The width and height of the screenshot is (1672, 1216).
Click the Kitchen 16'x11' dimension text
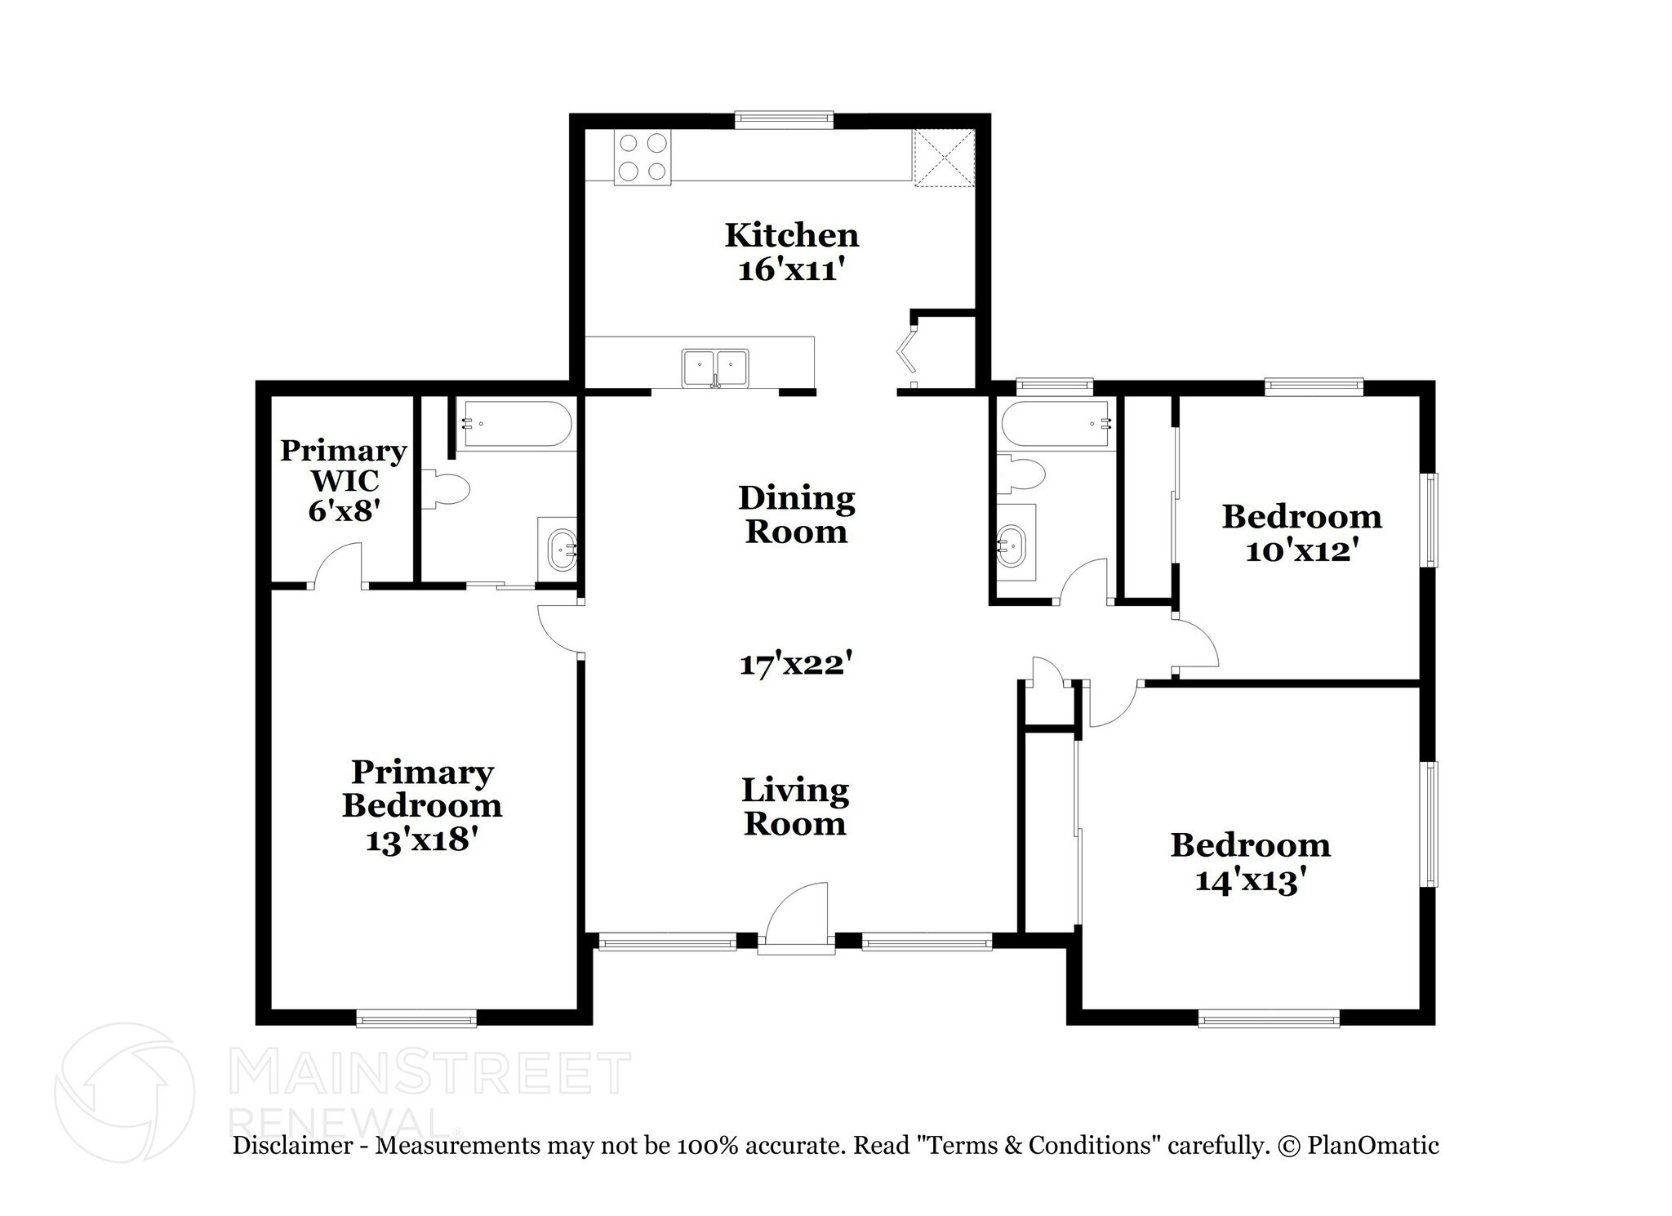click(x=789, y=270)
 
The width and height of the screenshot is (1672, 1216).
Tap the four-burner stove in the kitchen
click(x=642, y=158)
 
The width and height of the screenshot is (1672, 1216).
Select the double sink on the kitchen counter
click(x=715, y=367)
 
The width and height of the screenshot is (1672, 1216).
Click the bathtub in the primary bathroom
click(x=514, y=423)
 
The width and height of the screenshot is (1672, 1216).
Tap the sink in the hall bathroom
click(x=1012, y=543)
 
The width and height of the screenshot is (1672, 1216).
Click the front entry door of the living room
click(x=798, y=916)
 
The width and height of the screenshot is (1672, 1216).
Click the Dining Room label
click(x=796, y=514)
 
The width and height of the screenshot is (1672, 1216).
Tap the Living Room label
click(x=795, y=806)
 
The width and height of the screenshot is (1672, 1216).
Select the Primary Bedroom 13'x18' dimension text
click(x=421, y=840)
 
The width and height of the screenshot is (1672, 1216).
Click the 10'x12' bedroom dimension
click(x=1301, y=551)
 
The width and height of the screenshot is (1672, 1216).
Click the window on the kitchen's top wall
click(x=784, y=120)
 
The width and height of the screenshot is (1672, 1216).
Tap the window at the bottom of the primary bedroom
click(x=416, y=1018)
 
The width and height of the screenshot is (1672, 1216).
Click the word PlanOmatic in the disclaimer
click(x=1372, y=1145)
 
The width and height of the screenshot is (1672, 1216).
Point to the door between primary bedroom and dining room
click(x=559, y=629)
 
